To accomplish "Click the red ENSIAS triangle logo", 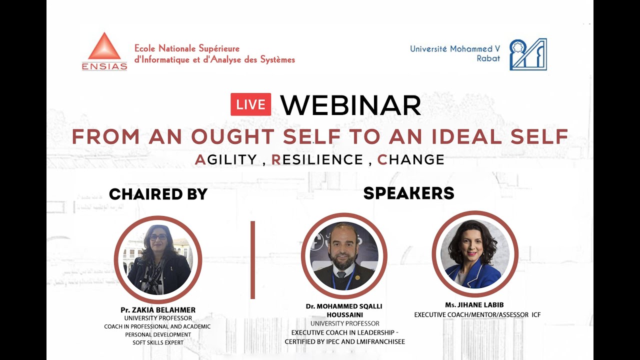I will click(104, 47).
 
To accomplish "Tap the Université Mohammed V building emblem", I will click(528, 54).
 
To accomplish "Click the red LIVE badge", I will click(250, 104).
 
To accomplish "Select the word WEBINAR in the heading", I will click(350, 105).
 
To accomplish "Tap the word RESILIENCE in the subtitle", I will click(317, 159).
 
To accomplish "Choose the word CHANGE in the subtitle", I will click(410, 159).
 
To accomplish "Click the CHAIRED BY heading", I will click(158, 194).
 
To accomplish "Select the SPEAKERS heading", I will click(408, 193).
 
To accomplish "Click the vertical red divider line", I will click(252, 260).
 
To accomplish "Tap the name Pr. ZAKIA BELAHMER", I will click(158, 310).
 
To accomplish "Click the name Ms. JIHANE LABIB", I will click(475, 305).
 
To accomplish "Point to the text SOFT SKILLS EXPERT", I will click(157, 342).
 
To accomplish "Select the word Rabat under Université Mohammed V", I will click(488, 58).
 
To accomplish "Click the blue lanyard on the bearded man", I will click(349, 280).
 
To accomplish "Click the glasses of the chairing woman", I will click(158, 237).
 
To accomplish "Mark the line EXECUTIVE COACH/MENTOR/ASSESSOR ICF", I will click(477, 315).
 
